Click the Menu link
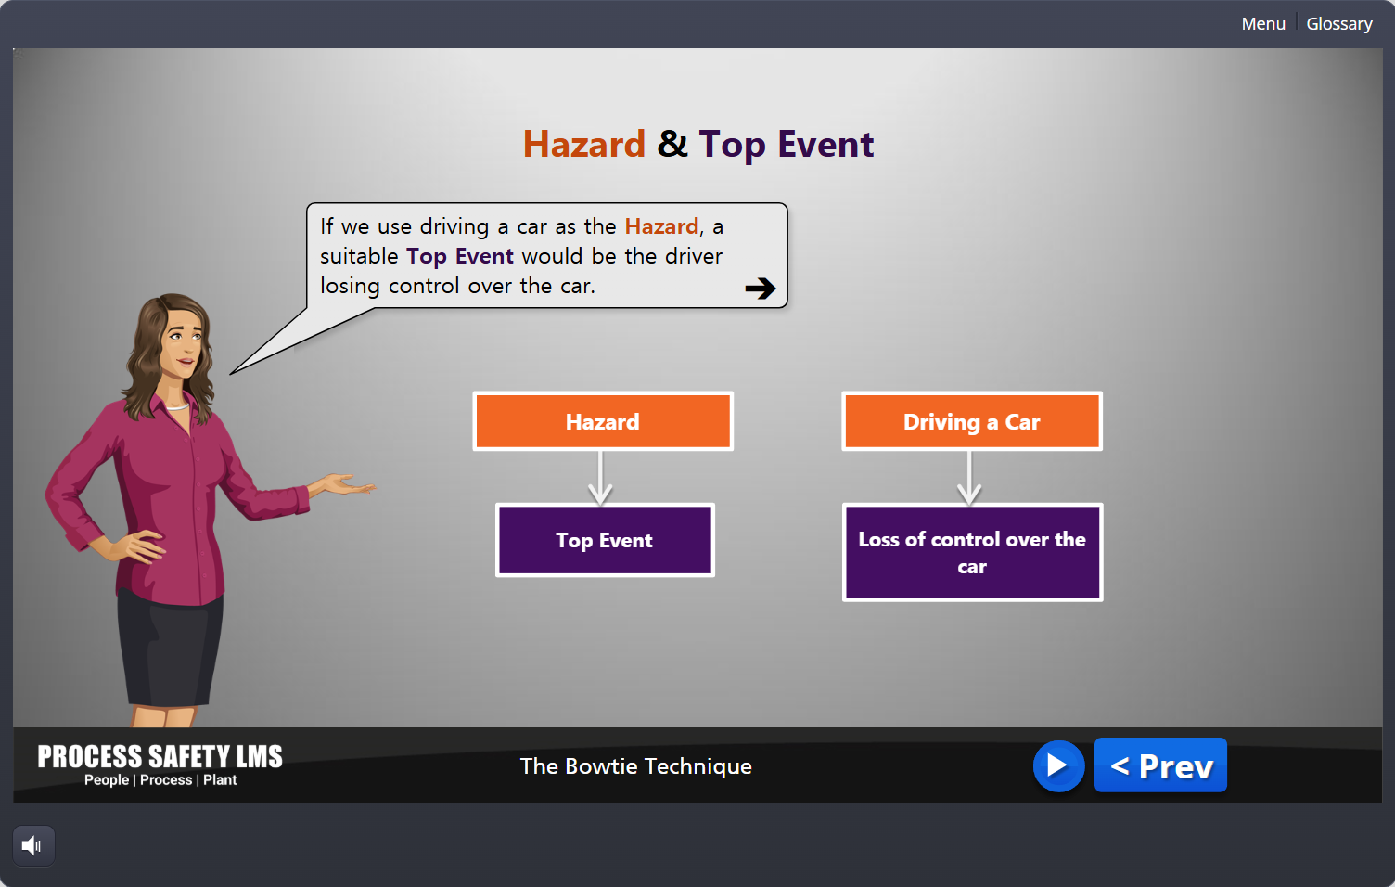[1263, 24]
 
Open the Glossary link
[1339, 24]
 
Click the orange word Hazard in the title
[583, 144]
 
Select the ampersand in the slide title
[672, 144]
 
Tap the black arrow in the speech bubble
[761, 288]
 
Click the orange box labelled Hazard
[603, 421]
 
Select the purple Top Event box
[605, 540]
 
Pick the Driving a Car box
[971, 421]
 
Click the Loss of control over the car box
[972, 552]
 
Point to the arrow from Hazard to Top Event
[600, 477]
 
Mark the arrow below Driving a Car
[969, 477]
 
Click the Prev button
[1160, 765]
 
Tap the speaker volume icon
[32, 845]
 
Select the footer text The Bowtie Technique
[636, 766]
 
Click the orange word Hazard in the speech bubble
[661, 226]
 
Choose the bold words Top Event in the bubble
[460, 256]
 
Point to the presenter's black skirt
[170, 648]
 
